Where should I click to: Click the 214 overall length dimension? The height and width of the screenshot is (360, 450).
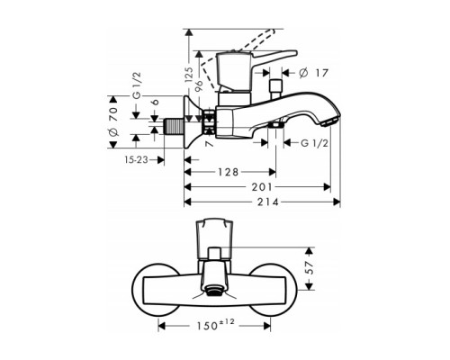tap(267, 202)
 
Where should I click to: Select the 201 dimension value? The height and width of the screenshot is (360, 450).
tap(262, 187)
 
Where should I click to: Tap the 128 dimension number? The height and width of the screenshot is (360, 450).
tap(228, 172)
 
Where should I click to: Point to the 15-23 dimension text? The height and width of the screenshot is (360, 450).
tap(137, 160)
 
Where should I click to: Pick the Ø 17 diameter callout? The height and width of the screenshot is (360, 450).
tap(313, 73)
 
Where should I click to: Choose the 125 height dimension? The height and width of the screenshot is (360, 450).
tap(189, 75)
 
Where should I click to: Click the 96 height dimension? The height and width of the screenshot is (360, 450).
tap(199, 86)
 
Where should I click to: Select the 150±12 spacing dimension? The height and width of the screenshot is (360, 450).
tap(215, 325)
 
